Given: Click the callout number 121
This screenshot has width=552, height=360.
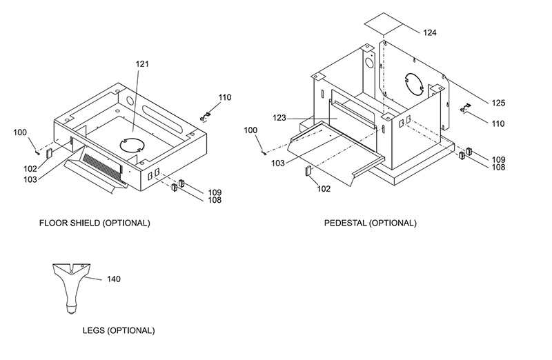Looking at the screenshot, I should click(x=142, y=64).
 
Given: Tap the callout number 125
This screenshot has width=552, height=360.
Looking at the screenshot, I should click(x=498, y=103).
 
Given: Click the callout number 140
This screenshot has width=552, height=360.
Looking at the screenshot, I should click(x=113, y=279).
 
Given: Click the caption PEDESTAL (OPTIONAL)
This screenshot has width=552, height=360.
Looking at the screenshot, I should click(x=371, y=223).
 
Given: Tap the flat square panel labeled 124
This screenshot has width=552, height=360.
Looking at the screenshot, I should click(x=384, y=23).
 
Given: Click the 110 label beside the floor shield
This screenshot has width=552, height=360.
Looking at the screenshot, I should click(x=225, y=97).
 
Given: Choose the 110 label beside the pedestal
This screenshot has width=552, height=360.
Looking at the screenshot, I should click(x=498, y=124).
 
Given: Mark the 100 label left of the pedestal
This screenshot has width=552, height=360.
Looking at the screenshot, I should click(x=250, y=130).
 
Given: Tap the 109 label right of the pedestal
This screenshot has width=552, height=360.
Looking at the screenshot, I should click(x=498, y=159).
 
